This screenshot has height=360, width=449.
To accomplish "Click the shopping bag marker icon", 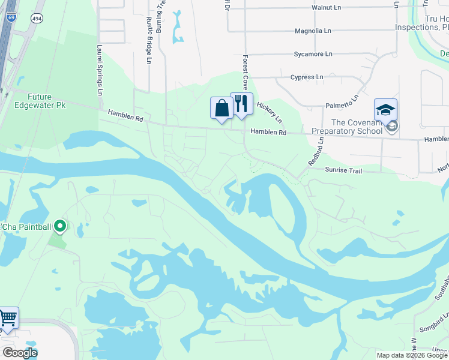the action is (221, 108).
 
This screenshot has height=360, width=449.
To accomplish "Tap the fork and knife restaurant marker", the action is (241, 103).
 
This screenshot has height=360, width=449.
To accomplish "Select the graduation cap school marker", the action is (385, 110).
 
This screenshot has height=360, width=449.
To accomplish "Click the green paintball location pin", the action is (59, 227).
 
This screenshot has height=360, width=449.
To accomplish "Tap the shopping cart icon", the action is (8, 318).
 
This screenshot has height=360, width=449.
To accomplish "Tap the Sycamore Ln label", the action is (313, 54).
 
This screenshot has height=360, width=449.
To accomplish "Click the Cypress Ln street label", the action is (306, 77).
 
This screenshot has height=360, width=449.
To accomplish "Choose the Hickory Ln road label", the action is (270, 112).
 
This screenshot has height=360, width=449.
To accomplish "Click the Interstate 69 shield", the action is (11, 17).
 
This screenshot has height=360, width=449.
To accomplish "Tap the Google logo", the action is (20, 353).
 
